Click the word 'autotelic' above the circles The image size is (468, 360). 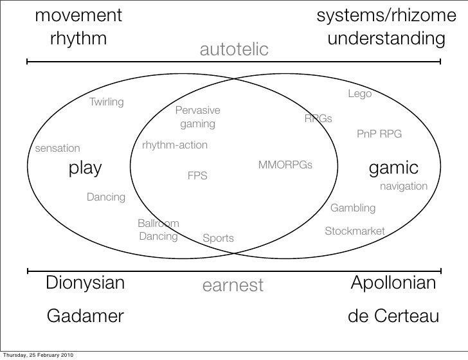tap(233, 50)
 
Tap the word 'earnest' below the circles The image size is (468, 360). tap(233, 285)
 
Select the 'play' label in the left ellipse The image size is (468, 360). tap(85, 168)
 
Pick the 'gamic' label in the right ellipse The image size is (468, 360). tap(393, 168)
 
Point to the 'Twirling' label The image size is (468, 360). tap(107, 102)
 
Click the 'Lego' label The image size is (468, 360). tap(360, 94)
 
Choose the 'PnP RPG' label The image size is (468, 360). tap(379, 134)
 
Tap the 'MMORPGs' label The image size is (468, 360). tap(285, 165)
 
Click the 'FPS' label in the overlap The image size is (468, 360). tap(197, 175)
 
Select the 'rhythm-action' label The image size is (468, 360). tap(175, 145)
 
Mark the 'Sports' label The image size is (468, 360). tap(218, 239)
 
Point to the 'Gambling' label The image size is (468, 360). tap(352, 208)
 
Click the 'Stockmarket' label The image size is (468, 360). tap(354, 231)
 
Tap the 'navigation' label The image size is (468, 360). tap(404, 186)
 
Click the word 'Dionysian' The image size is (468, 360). tap(85, 283)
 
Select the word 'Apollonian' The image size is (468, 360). tap(393, 283)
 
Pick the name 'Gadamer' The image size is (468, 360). tap(85, 316)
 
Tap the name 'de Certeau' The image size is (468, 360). tap(393, 316)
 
